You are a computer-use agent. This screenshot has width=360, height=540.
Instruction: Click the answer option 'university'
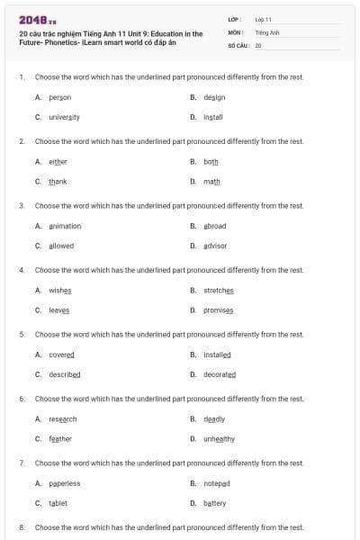click(64, 117)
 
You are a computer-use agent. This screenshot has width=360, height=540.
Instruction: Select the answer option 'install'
click(212, 117)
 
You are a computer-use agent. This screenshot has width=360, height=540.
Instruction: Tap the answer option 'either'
click(58, 162)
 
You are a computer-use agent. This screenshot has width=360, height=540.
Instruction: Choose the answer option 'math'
click(211, 181)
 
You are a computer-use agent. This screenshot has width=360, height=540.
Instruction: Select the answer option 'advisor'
click(215, 246)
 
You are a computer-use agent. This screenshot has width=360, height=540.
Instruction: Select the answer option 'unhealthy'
click(219, 438)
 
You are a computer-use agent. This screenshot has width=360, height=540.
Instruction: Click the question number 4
click(22, 270)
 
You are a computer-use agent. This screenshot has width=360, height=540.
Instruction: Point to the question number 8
click(22, 527)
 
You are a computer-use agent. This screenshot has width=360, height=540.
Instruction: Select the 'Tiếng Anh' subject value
click(268, 31)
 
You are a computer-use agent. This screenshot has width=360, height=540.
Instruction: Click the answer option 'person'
click(59, 97)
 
